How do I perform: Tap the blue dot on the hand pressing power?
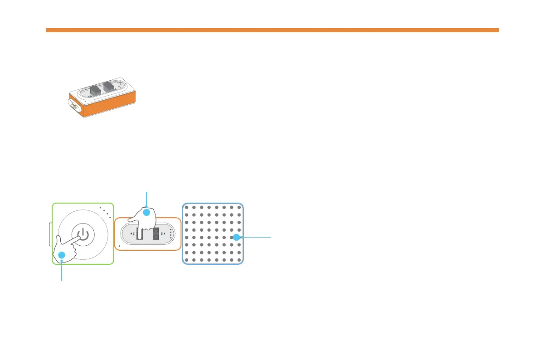(62, 255)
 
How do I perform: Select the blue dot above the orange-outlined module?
(146, 212)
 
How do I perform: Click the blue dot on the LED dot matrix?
(236, 237)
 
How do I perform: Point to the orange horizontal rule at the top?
(272, 30)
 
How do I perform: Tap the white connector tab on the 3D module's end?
(73, 106)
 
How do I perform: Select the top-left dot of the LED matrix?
(186, 208)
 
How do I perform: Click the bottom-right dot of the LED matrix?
(239, 260)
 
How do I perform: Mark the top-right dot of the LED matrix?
(239, 208)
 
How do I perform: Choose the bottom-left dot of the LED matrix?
(186, 260)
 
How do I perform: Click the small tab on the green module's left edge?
(50, 234)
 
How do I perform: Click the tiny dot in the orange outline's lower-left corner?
(118, 246)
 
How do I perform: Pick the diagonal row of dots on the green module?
(105, 211)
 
